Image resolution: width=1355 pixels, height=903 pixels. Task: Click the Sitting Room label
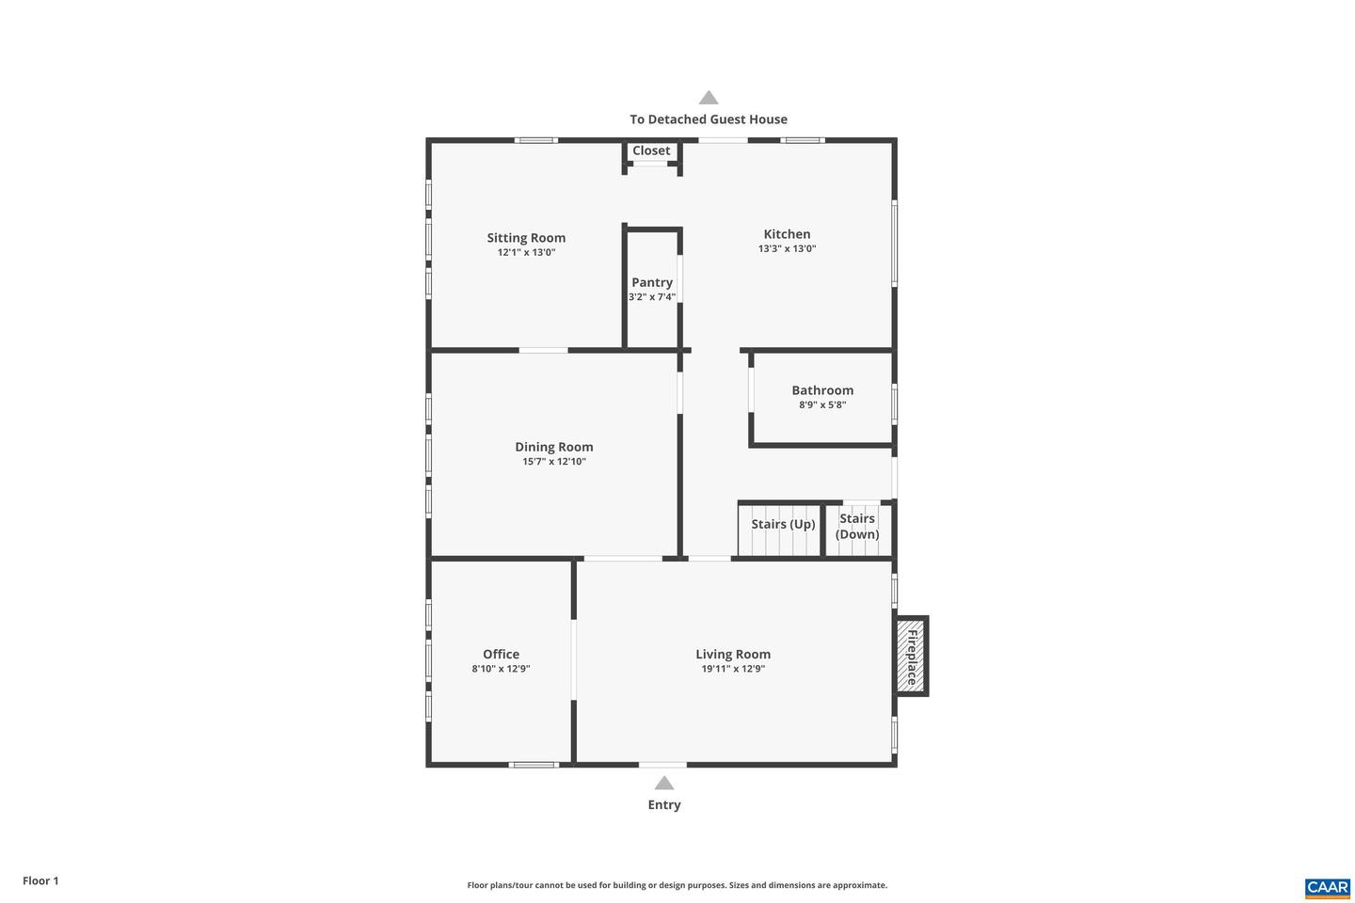(526, 238)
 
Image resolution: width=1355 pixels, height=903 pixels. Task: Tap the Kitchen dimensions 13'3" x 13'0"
(787, 249)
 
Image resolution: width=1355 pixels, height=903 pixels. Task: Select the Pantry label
(652, 282)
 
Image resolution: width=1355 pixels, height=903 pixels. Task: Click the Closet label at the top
(651, 150)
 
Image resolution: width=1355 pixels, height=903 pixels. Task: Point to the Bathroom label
(822, 390)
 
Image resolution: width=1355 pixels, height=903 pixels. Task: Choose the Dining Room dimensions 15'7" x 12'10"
(554, 462)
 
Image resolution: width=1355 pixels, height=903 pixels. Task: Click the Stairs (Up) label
(783, 524)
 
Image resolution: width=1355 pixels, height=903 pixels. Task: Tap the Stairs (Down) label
(857, 527)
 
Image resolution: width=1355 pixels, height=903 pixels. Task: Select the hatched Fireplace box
(910, 657)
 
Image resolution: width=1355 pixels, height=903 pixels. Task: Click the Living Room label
(733, 655)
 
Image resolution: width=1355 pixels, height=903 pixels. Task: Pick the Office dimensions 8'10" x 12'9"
(501, 669)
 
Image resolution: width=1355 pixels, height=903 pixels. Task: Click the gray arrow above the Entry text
(664, 784)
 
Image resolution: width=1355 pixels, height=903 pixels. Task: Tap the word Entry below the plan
(664, 805)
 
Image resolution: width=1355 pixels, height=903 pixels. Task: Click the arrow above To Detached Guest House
(709, 98)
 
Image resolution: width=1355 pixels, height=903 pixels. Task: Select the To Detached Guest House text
(709, 119)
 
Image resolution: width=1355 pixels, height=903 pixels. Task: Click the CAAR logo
(1327, 887)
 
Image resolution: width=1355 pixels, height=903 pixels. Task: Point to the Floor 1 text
(40, 881)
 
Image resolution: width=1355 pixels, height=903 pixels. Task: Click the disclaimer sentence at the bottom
(677, 885)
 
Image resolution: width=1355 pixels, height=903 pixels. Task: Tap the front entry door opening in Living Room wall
(662, 765)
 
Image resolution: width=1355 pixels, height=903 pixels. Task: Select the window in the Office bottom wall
(534, 765)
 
